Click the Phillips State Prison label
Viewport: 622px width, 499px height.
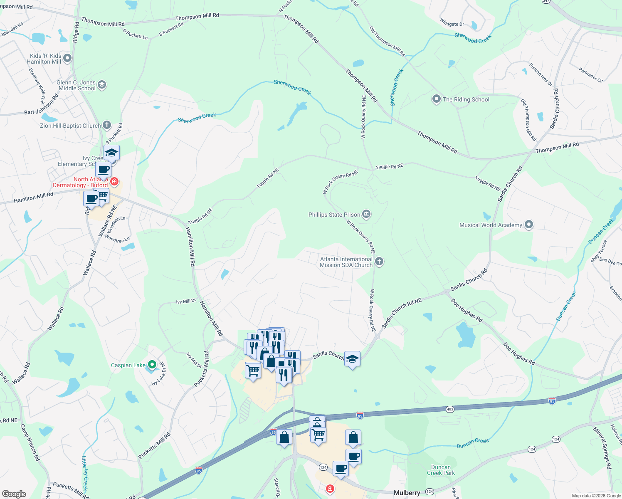(334, 215)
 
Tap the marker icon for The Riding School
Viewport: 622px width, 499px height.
(436, 99)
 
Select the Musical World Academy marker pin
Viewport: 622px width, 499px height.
(528, 225)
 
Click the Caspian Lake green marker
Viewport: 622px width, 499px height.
(152, 365)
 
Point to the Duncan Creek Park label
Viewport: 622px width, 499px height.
(441, 470)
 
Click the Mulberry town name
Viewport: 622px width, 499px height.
(407, 493)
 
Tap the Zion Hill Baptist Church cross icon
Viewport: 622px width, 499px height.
(107, 125)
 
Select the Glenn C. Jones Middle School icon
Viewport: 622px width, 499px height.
(102, 85)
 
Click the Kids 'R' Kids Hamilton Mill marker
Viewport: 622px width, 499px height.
(67, 58)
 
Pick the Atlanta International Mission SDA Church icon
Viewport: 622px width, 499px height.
(379, 262)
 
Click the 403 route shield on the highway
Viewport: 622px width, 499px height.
(450, 409)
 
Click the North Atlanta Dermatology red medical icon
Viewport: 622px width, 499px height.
(114, 182)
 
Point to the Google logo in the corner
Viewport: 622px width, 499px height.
(14, 494)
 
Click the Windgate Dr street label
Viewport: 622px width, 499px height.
(452, 24)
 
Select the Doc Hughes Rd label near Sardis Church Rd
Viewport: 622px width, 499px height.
(466, 310)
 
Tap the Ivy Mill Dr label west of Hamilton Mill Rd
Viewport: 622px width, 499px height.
(186, 301)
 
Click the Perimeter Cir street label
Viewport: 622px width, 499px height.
(590, 75)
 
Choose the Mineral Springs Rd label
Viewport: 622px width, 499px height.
(602, 448)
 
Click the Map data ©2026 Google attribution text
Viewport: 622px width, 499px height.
(596, 496)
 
